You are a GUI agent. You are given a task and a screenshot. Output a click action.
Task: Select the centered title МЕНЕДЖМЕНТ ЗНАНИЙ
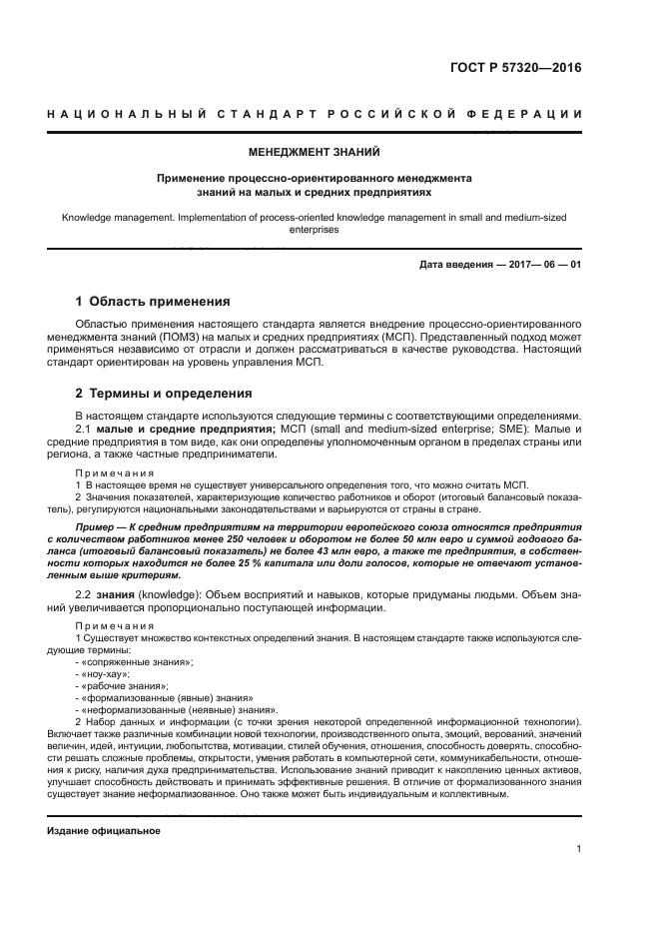[315, 153]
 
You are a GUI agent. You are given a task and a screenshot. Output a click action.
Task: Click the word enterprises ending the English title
[315, 229]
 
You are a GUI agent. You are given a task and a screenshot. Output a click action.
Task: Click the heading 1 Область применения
[153, 301]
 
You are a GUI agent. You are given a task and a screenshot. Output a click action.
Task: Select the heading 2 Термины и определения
[165, 393]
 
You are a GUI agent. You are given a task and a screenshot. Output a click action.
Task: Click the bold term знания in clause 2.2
[118, 595]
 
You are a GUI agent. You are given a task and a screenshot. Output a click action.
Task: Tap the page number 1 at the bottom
[578, 850]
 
